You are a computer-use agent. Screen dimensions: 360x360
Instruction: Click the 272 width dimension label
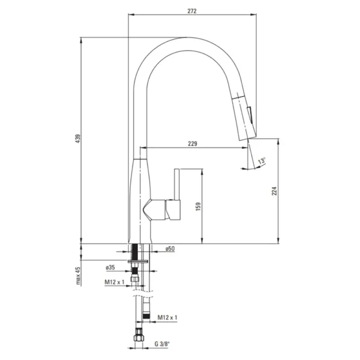click(x=192, y=11)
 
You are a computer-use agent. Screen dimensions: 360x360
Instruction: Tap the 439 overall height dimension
click(x=78, y=139)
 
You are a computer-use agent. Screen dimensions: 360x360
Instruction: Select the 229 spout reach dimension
click(x=193, y=144)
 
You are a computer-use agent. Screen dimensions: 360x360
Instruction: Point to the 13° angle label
click(x=262, y=161)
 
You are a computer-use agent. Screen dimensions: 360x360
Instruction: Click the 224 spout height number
click(x=274, y=191)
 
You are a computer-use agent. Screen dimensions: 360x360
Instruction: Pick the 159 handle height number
click(x=198, y=206)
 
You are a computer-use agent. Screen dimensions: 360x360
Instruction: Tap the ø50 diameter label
click(x=170, y=248)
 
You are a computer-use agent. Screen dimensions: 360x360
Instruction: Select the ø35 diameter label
click(x=110, y=268)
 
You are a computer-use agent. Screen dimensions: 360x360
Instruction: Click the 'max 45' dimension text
click(x=78, y=276)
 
